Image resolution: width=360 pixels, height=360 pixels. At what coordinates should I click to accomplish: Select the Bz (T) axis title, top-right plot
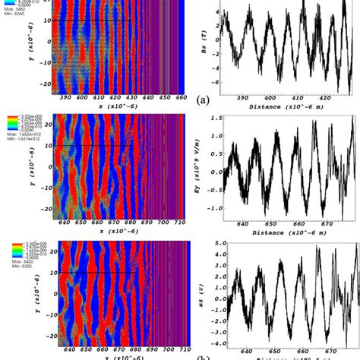click(207, 46)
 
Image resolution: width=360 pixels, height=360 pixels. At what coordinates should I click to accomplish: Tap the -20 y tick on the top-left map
click(46, 82)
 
